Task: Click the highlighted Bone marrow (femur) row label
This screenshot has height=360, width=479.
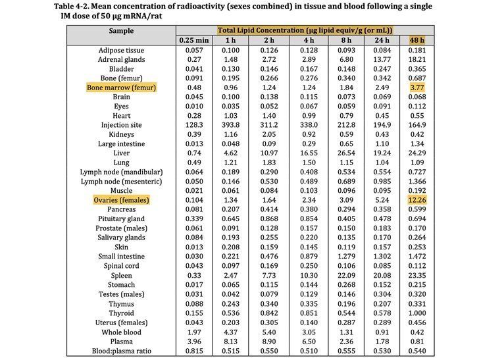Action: (121, 88)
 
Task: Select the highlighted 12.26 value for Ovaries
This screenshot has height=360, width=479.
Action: (417, 200)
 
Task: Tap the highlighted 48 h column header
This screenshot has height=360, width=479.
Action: (417, 40)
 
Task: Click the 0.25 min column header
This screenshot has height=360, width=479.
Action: (194, 40)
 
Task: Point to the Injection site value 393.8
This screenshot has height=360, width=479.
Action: (231, 125)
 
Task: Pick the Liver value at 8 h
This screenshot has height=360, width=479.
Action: (346, 153)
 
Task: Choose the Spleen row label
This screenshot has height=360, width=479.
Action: (121, 276)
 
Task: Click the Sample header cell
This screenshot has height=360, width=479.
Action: (121, 31)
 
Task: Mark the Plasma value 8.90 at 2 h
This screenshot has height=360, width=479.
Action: (269, 342)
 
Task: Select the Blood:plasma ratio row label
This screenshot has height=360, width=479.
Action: (121, 351)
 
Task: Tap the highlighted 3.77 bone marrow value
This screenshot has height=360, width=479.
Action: (417, 88)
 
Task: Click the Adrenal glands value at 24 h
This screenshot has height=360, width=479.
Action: (382, 60)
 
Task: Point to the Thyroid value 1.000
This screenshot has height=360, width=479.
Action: (417, 313)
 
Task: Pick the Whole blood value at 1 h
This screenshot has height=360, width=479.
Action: (231, 332)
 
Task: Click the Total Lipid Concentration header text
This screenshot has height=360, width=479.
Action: (305, 30)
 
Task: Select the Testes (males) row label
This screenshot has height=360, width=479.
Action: (121, 294)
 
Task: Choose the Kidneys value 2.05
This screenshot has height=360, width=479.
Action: (269, 134)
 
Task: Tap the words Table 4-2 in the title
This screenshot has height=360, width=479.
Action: (71, 7)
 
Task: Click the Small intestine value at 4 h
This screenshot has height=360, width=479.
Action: (309, 257)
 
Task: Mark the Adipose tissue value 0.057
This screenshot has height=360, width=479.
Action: (194, 51)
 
